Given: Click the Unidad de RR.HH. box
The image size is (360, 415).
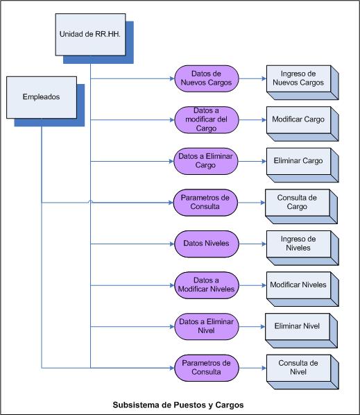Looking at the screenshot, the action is coord(90,35).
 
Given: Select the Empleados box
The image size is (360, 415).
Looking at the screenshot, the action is coord(42,97).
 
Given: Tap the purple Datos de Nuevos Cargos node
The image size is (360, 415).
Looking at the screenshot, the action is coord(207,78).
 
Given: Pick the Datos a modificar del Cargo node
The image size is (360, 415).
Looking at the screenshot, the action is coord(207,119).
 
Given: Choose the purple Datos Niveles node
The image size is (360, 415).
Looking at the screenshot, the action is coord(207,244).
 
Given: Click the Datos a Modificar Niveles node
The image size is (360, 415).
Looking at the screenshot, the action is coord(207,285).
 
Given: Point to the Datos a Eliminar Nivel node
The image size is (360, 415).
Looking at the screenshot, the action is coord(207,326).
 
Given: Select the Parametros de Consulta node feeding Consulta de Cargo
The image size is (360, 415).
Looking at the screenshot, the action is coord(205,203).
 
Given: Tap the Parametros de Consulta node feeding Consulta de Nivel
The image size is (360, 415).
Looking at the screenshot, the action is coord(207,368).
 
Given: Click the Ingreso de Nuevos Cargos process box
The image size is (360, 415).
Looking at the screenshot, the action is coord(302,83).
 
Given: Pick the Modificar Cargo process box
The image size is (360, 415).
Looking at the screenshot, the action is coord(302,124).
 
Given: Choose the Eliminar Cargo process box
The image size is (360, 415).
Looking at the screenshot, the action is coord(302,165).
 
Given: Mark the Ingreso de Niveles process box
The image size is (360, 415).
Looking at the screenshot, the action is coord(302,248).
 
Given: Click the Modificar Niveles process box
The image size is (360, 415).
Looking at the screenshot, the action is coord(302,289).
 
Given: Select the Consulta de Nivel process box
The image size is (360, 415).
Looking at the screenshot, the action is coord(302,372).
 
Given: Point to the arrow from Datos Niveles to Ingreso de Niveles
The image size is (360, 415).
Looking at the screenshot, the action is coord(252,244).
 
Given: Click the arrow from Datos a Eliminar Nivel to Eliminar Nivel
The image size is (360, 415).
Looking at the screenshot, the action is coord(252,327).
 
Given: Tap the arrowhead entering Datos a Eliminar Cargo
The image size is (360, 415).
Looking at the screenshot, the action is coord(171,161).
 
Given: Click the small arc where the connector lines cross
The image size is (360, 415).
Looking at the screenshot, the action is coord(90,202).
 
